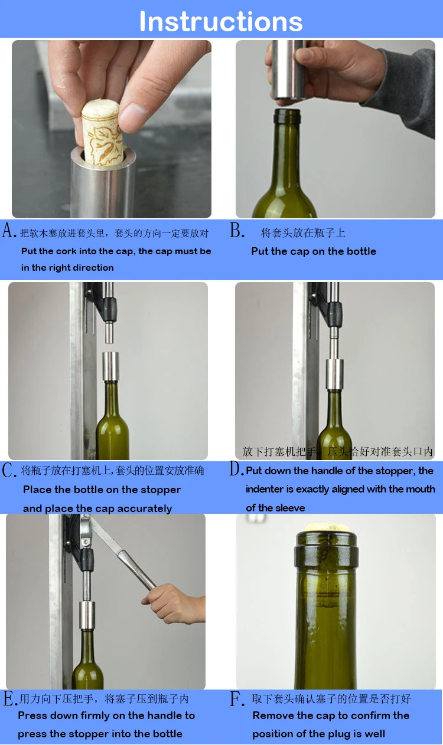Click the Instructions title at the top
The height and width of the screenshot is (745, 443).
tap(221, 21)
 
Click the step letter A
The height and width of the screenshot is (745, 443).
tap(8, 230)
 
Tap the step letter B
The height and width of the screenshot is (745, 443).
tap(236, 231)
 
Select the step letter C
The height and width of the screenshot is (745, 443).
tap(8, 470)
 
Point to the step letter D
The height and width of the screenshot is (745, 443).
tap(236, 469)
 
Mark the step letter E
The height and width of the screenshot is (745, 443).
tap(9, 699)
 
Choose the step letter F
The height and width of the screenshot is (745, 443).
tap(236, 699)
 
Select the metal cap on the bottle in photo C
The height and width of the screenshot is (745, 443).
tap(110, 366)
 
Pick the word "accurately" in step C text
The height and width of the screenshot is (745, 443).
tap(142, 508)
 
